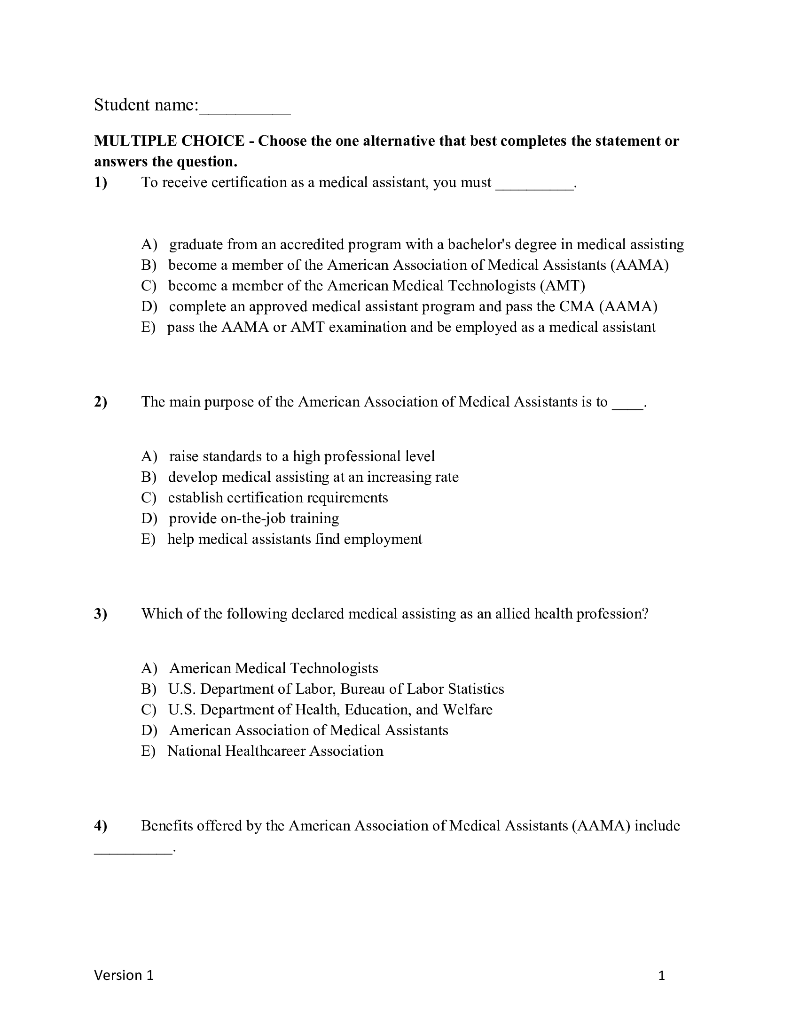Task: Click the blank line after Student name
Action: [245, 113]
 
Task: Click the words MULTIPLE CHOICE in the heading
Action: [169, 141]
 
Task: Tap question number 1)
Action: [101, 182]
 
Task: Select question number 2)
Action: [101, 401]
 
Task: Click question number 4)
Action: [101, 826]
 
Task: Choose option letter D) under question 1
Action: [149, 306]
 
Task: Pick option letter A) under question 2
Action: [149, 456]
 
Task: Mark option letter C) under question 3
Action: [149, 710]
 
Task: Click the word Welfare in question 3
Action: [468, 710]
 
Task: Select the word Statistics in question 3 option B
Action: [476, 689]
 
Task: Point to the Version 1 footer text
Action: [124, 975]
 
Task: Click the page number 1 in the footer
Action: [662, 976]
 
